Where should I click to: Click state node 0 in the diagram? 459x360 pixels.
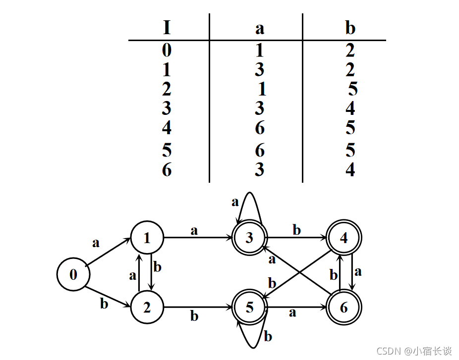coord(73,274)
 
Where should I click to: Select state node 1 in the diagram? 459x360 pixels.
coord(147,238)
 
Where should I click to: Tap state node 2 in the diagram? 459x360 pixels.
coord(147,308)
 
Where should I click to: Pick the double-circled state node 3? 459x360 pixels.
coord(250,238)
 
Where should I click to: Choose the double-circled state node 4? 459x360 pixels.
coord(344,238)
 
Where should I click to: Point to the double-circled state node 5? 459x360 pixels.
coord(250,308)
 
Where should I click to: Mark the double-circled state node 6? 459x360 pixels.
coord(344,308)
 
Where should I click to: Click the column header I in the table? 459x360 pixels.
coord(167,28)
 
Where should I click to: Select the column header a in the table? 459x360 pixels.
coord(259,28)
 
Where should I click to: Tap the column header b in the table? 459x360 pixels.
coord(350,28)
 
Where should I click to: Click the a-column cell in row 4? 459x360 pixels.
coord(260,128)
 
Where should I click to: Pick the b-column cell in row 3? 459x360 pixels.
coord(350,108)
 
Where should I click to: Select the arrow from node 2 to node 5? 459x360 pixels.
coord(198,308)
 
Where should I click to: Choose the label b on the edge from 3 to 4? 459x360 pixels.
coord(296,230)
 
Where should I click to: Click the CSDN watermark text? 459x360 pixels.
coord(414,351)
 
